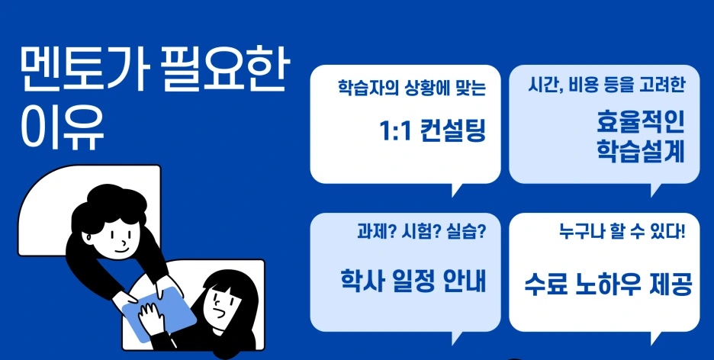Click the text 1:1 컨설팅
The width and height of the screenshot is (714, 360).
432,131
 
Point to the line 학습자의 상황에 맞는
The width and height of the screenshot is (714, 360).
412,87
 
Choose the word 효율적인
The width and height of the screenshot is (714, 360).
640,121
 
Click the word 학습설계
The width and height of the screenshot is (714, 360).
640,149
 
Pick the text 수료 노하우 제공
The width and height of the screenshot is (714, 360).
607,285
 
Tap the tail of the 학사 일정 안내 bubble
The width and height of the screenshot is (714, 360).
458,337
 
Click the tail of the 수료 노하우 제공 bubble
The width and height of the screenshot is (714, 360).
656,337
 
